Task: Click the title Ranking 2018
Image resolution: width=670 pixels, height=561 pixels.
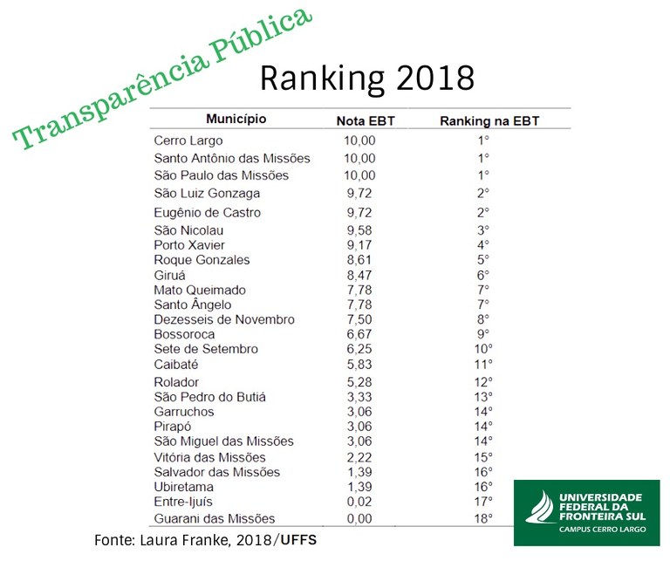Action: (367, 78)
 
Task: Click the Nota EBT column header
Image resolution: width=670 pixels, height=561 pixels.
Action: (366, 120)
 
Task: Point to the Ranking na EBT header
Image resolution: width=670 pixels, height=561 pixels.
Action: (489, 120)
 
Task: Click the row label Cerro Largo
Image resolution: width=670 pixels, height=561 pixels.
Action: (188, 140)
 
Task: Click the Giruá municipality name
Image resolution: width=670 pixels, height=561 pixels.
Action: (171, 275)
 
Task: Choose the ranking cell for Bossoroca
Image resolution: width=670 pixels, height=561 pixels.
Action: (482, 334)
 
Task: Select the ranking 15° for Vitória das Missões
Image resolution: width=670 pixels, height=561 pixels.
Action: (482, 457)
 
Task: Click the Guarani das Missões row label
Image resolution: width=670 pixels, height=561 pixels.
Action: (214, 518)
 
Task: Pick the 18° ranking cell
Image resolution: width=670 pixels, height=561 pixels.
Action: (482, 518)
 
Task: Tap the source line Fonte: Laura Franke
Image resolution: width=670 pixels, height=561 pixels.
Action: (205, 541)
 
